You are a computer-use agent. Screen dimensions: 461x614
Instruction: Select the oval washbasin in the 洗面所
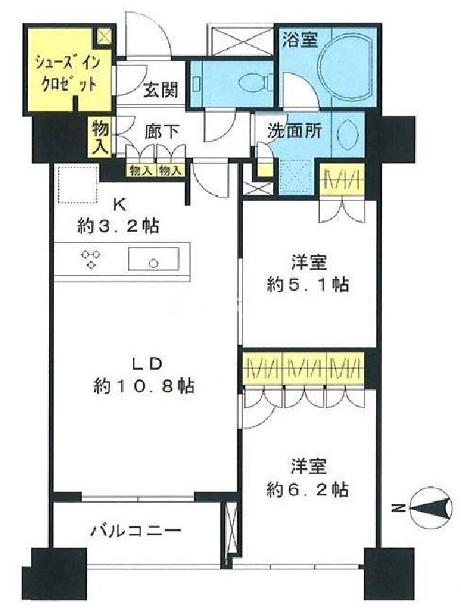[347, 132]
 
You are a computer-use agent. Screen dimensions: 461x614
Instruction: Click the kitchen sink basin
[154, 259]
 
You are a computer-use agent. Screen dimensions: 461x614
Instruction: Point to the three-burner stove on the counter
[91, 259]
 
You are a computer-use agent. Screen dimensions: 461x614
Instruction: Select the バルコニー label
[136, 531]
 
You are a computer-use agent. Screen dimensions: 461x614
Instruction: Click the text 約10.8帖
[143, 387]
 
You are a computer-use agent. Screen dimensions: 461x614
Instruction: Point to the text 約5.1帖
[308, 284]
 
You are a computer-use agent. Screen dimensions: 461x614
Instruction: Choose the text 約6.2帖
[308, 489]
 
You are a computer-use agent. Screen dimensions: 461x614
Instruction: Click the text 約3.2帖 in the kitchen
[118, 226]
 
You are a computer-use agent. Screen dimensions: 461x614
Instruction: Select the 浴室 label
[301, 39]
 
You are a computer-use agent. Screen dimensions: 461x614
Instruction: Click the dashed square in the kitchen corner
[78, 185]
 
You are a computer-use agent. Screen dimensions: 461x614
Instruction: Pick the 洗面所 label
[294, 131]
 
